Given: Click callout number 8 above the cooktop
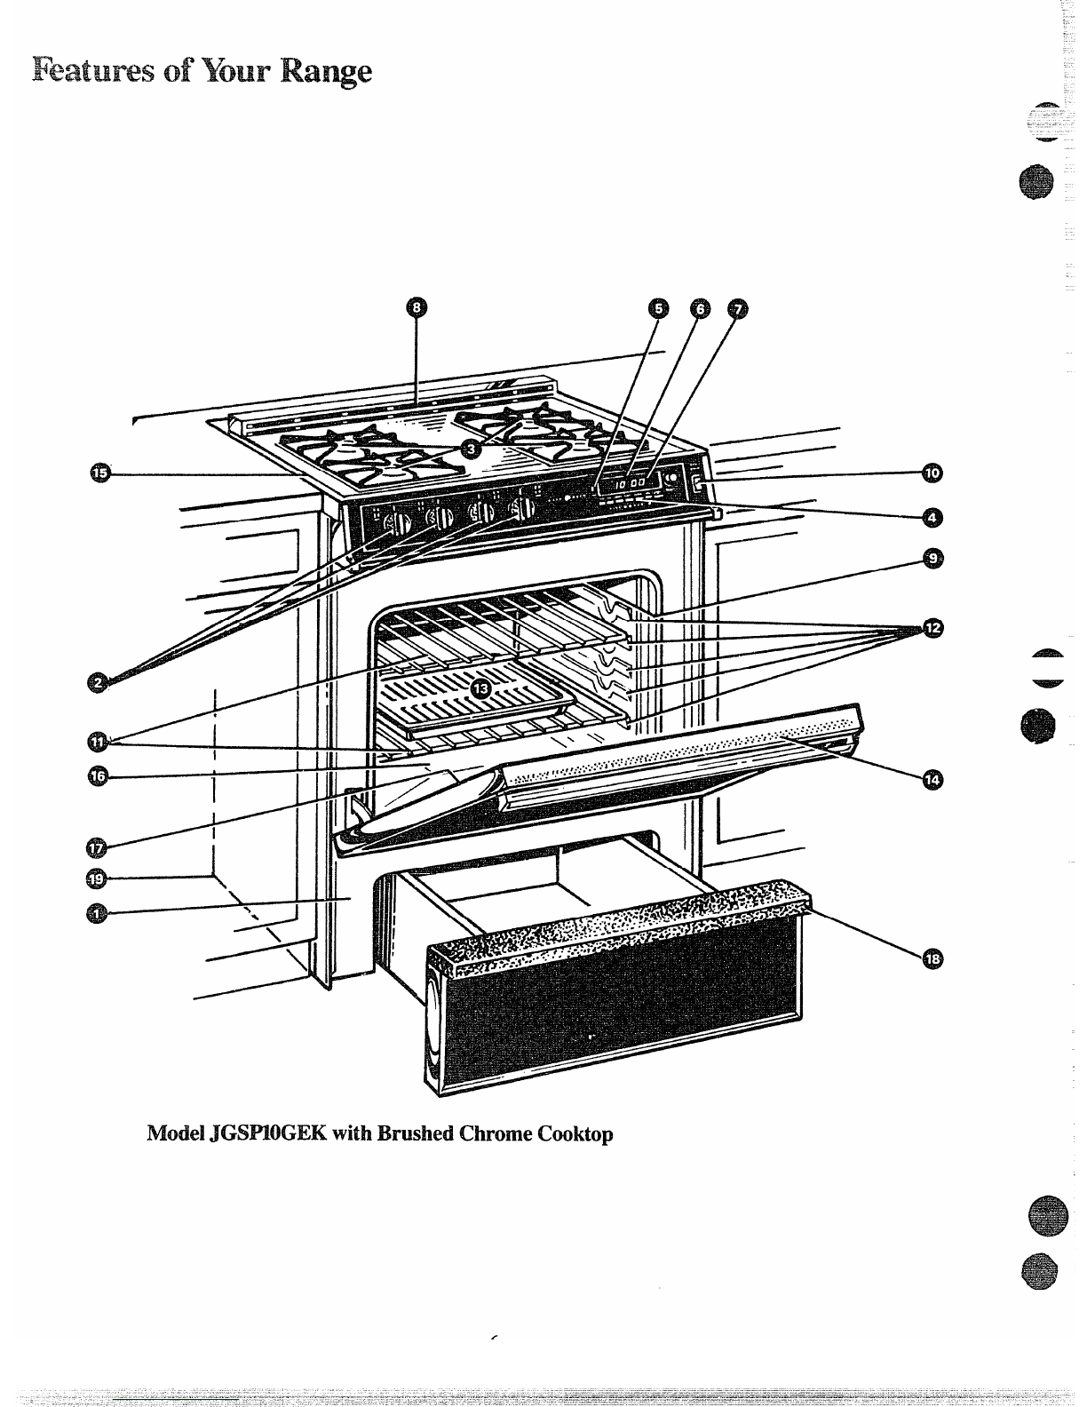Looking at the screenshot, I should click(x=416, y=308).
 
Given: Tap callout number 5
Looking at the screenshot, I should click(x=658, y=308).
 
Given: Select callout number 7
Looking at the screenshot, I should click(x=737, y=308).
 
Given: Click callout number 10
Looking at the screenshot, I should click(x=932, y=473).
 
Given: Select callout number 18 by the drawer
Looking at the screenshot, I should click(x=932, y=958).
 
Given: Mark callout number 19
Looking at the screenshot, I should click(x=96, y=879).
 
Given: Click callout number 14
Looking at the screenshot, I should click(x=932, y=779).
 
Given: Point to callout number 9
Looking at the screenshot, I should click(x=932, y=558).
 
